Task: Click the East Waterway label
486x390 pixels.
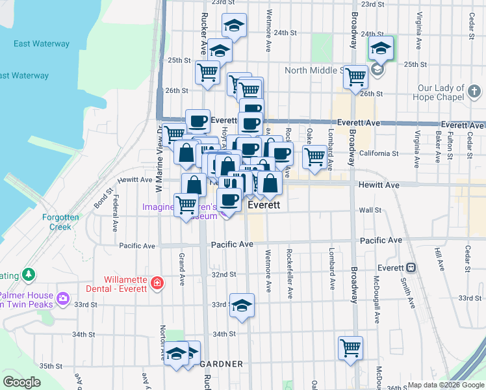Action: [x=42, y=44]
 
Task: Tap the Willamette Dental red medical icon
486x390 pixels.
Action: [x=157, y=283]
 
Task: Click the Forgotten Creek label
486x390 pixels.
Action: [x=60, y=222]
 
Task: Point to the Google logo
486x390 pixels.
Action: [x=21, y=382]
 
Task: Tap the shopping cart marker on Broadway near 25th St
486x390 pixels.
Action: [x=356, y=77]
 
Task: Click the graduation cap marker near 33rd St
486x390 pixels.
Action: [x=241, y=305]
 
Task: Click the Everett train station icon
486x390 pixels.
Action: [x=411, y=268]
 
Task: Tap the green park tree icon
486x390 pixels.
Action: [x=28, y=275]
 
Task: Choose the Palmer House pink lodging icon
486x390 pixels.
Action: [x=63, y=299]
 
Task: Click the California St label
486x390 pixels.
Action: [x=378, y=153]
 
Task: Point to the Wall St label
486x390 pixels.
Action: [x=370, y=210]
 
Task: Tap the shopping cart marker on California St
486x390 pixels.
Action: [x=314, y=156]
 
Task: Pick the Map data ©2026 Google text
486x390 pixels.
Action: [x=445, y=385]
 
